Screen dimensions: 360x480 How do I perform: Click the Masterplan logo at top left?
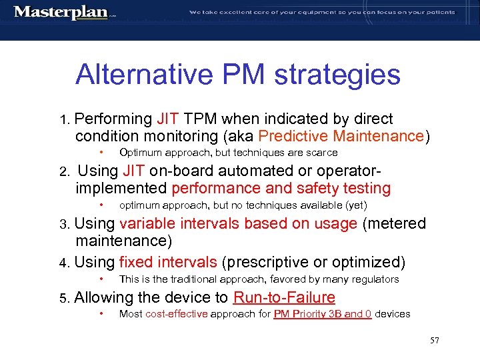click(x=61, y=12)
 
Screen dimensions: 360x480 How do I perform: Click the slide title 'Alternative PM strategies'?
click(x=238, y=75)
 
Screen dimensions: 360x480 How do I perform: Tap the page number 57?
click(x=434, y=341)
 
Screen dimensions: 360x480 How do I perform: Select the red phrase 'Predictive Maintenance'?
click(x=341, y=137)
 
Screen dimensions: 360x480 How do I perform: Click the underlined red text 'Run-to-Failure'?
click(x=284, y=297)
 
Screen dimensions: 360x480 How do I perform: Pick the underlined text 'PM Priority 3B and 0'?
click(x=323, y=314)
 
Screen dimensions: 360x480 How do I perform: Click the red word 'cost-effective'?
click(x=177, y=314)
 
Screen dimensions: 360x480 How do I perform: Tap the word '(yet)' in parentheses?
click(x=357, y=205)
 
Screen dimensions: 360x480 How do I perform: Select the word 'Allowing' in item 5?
click(x=105, y=297)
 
